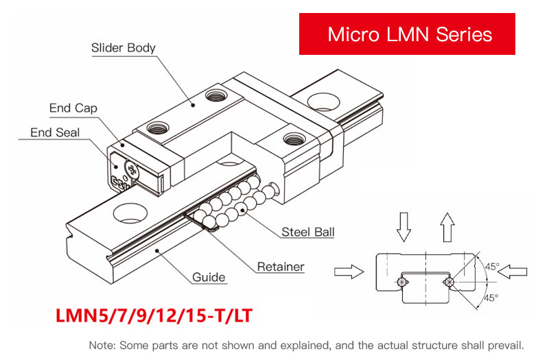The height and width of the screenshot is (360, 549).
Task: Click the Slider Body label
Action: [x=124, y=48]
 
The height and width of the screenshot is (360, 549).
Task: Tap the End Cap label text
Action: [x=73, y=108]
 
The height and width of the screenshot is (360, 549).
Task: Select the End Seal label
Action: [x=55, y=132]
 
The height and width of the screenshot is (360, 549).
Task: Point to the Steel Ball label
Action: [x=308, y=232]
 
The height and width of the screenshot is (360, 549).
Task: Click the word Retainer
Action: [x=280, y=266]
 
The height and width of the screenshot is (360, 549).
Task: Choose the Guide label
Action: [x=209, y=277]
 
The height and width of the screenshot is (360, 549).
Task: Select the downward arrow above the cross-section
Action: [x=404, y=227]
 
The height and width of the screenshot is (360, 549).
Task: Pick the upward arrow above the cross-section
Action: [x=447, y=227]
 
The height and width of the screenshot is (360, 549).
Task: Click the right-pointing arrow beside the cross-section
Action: [x=348, y=272]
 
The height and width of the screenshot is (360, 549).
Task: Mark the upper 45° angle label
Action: [x=492, y=267]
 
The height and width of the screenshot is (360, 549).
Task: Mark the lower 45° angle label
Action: [x=491, y=298]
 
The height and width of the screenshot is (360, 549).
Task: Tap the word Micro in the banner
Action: [x=354, y=34]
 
